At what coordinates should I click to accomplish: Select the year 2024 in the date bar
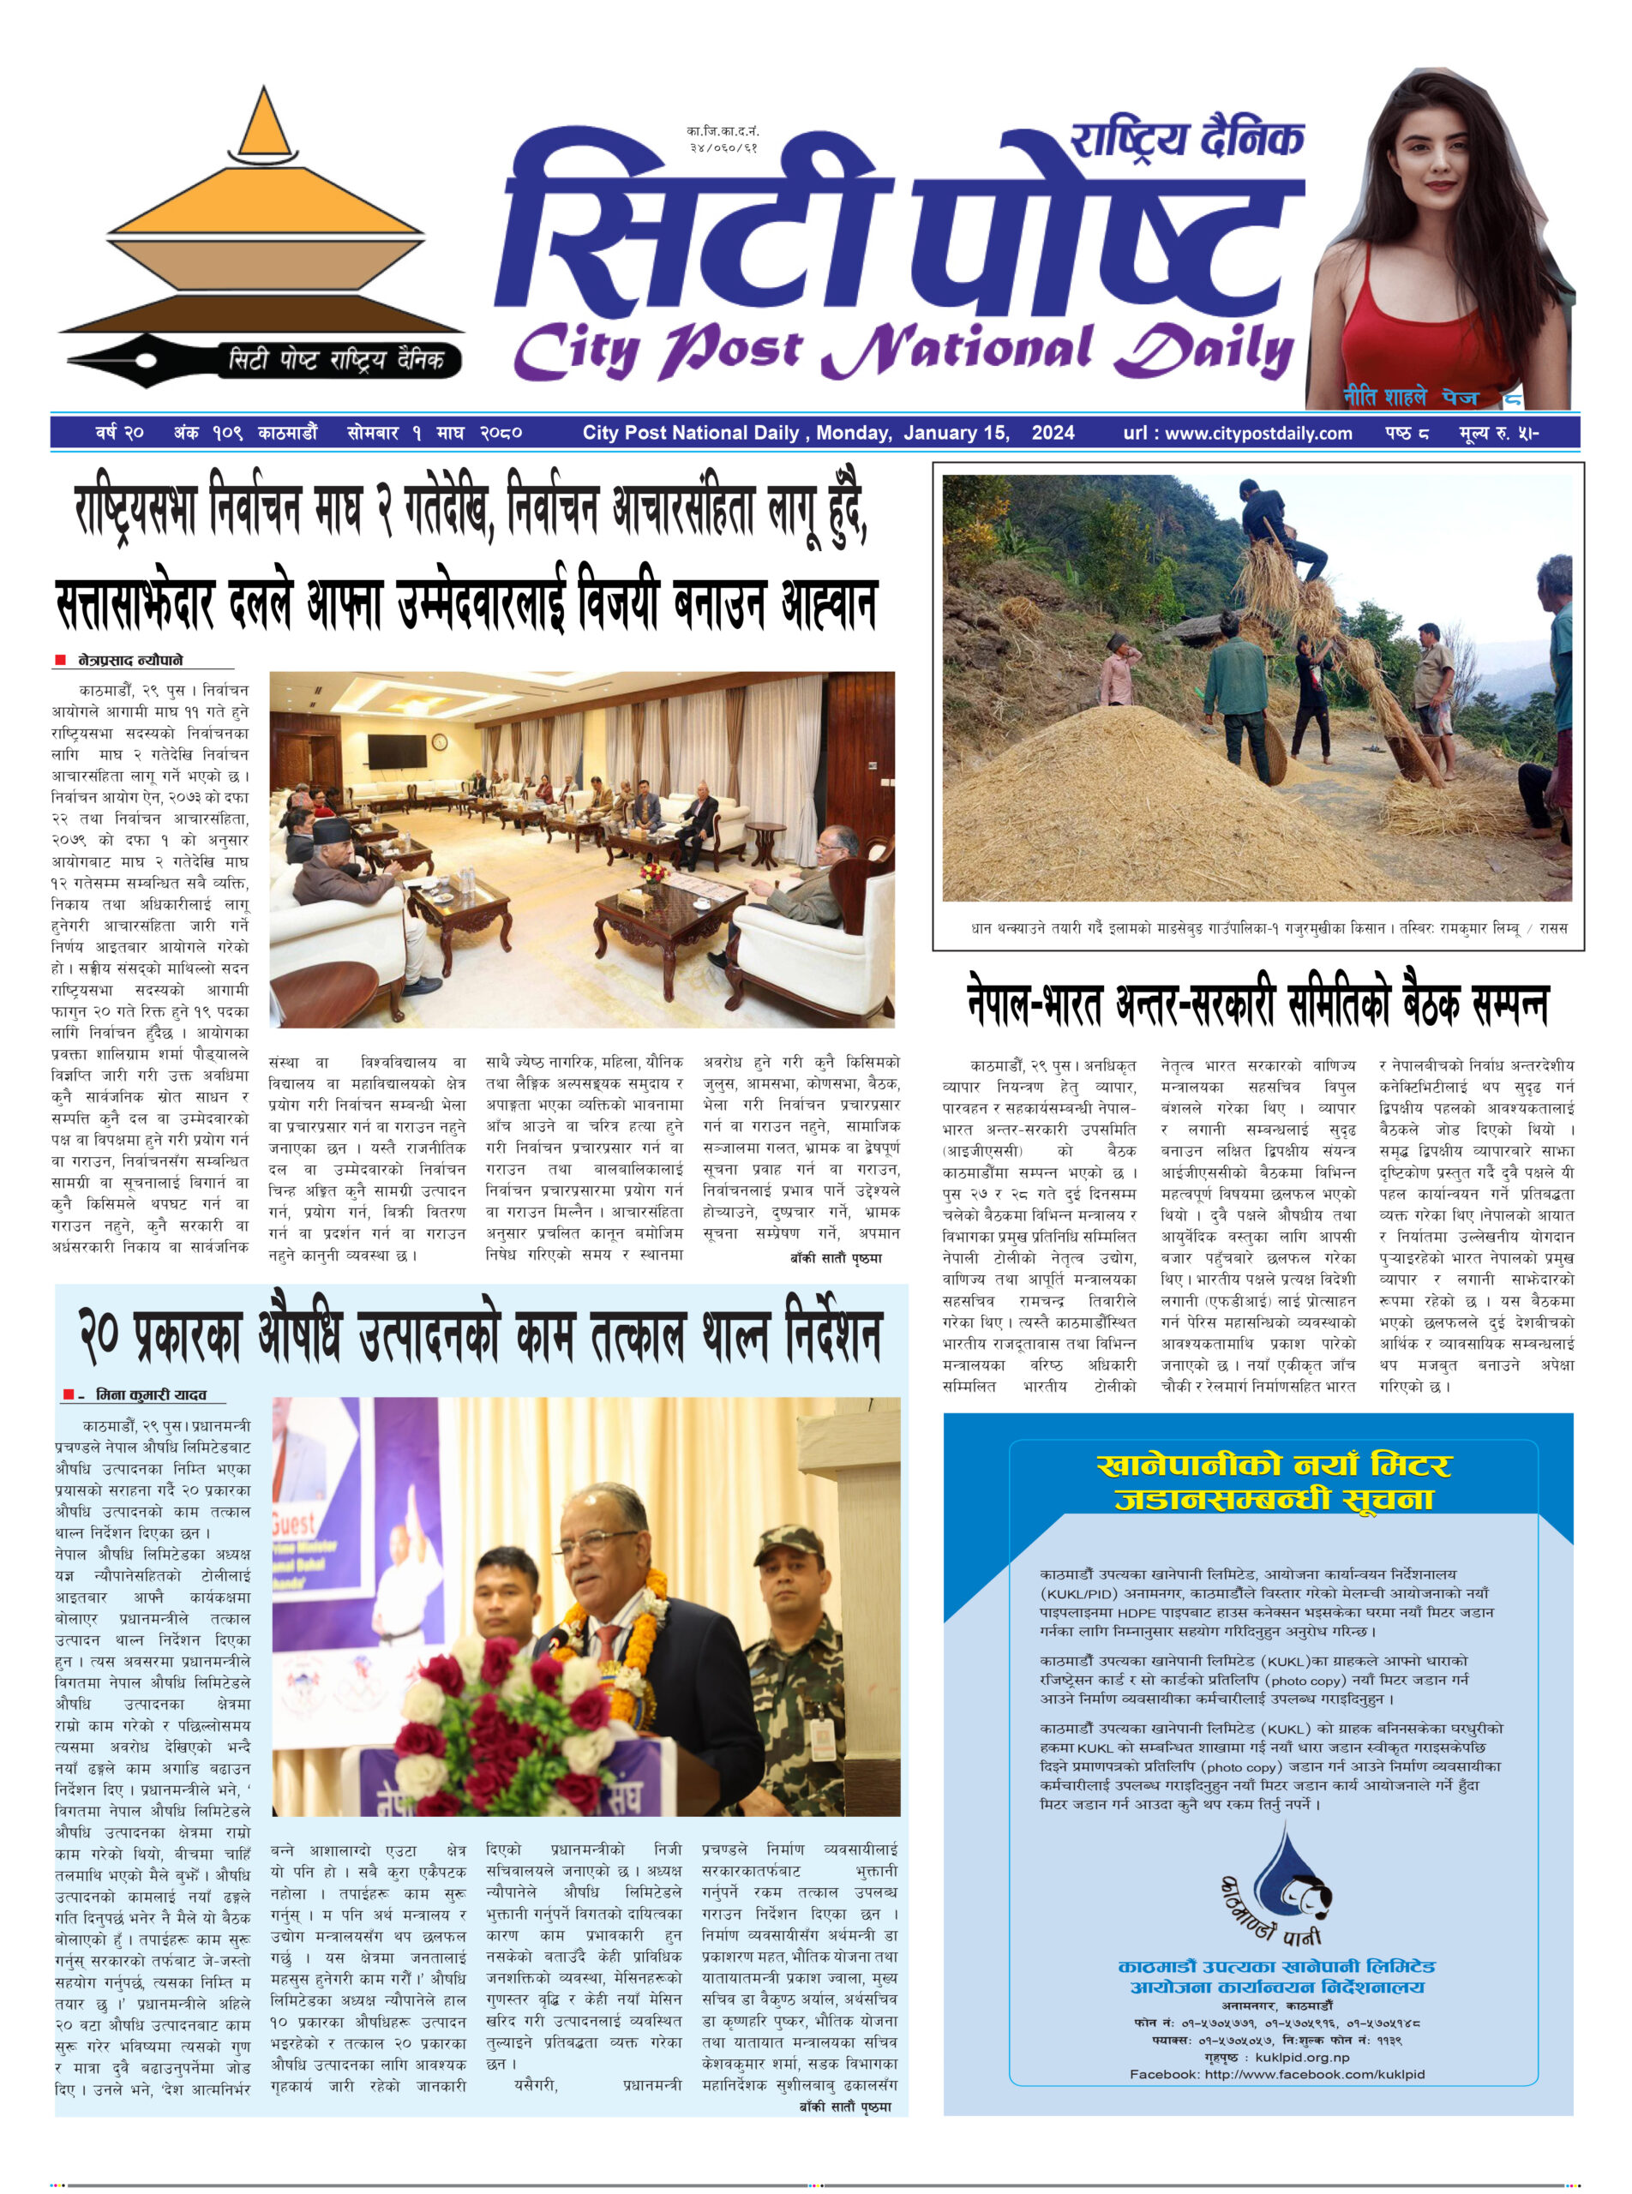[1053, 433]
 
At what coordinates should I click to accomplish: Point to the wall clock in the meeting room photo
[440, 742]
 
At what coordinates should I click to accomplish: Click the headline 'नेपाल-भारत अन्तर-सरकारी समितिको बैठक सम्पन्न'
[1257, 1004]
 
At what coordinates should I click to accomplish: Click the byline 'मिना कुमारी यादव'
[151, 1395]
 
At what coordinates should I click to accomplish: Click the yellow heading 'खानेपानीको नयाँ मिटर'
[1274, 1464]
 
